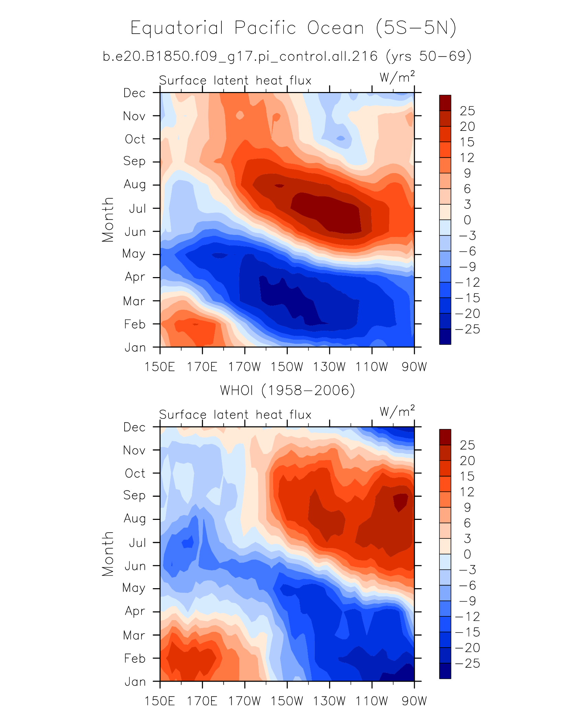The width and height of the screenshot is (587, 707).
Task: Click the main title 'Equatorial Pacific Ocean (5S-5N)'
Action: [293, 28]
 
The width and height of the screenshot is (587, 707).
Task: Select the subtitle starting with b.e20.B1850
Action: [287, 56]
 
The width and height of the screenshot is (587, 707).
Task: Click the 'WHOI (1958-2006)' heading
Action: [287, 390]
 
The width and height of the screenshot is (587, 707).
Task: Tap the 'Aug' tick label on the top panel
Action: [135, 185]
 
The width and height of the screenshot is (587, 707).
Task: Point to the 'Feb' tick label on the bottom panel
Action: [135, 658]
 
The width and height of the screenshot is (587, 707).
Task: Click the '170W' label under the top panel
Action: [245, 367]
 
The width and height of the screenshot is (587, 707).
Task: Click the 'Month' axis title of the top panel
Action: [108, 220]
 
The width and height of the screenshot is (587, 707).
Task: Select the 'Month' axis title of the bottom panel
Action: [108, 554]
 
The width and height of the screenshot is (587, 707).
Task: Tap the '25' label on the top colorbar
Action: [467, 111]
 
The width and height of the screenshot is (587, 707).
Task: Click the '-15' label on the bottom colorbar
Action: [467, 632]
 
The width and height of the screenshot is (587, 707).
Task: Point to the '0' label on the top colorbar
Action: [467, 220]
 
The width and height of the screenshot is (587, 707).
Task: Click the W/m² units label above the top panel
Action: [397, 77]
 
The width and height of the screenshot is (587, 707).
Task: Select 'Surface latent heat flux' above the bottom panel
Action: [235, 415]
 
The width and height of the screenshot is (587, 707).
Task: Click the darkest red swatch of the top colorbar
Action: [445, 103]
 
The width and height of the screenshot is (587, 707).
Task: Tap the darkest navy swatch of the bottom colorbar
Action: [445, 671]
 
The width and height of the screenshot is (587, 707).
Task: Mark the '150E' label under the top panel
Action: [160, 367]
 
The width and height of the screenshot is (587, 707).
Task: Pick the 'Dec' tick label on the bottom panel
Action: [135, 427]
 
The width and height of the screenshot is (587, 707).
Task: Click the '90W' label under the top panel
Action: [414, 367]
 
